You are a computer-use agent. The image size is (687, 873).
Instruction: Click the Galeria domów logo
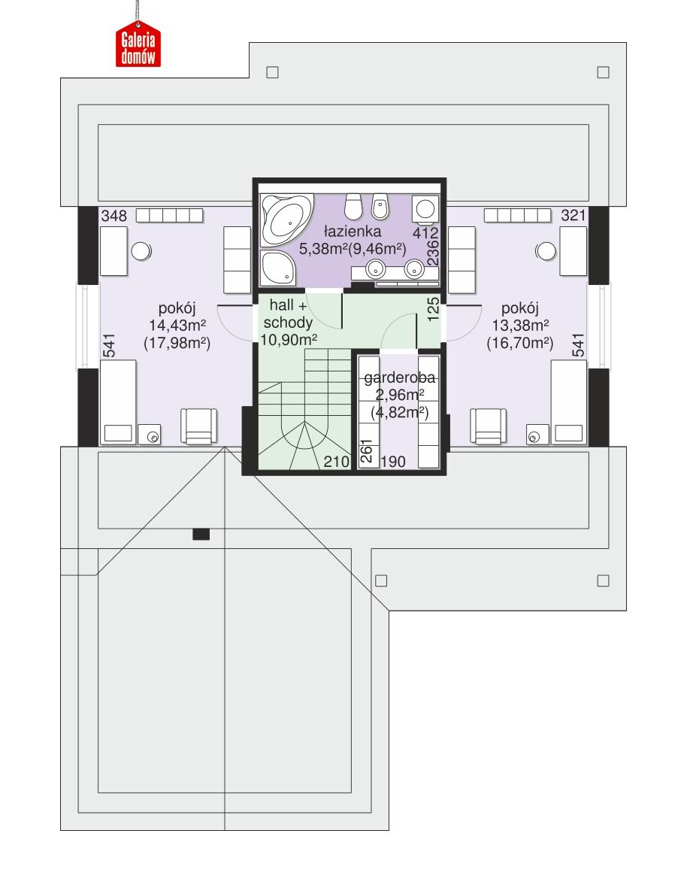[138, 44]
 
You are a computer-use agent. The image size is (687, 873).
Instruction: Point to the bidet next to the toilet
[380, 206]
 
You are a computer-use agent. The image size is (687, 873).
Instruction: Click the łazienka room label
[353, 231]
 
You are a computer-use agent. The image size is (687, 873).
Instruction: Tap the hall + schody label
[288, 314]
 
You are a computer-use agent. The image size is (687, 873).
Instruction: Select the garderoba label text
[400, 377]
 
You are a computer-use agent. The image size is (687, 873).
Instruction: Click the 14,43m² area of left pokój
[177, 326]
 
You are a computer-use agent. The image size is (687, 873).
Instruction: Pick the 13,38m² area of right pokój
[521, 326]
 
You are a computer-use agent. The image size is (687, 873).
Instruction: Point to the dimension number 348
[114, 216]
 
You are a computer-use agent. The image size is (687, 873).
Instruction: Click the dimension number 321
[574, 216]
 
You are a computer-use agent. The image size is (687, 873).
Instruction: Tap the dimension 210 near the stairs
[336, 462]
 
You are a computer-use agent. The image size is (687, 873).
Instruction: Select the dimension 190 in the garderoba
[393, 462]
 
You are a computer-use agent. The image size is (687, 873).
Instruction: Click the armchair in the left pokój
[198, 426]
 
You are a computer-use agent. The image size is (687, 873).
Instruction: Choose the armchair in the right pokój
[489, 426]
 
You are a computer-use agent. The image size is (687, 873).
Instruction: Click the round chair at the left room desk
[141, 251]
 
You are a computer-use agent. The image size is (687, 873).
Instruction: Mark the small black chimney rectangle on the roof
[201, 535]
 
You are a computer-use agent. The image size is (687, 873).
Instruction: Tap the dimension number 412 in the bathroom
[425, 232]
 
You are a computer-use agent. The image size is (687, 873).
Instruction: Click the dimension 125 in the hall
[433, 310]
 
